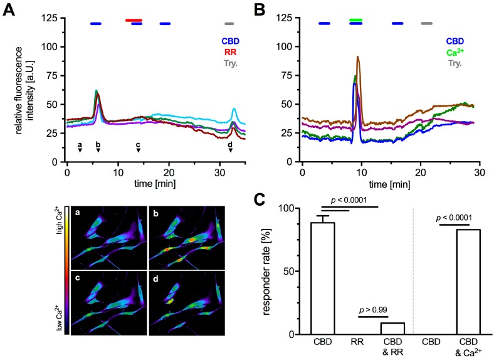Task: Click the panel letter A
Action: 11,10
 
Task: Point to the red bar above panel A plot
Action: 134,20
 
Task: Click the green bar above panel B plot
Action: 356,20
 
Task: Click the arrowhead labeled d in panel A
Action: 230,150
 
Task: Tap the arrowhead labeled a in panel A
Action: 80,150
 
